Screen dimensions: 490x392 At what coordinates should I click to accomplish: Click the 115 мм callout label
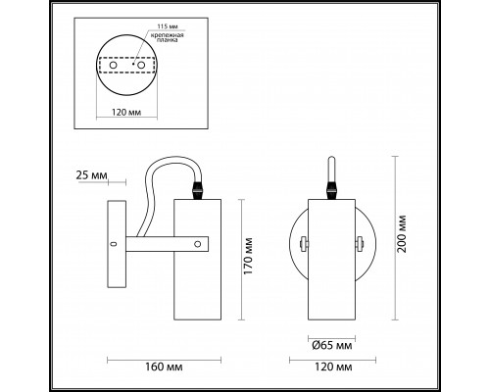point(168,26)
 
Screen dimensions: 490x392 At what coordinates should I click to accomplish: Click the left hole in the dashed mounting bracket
point(113,65)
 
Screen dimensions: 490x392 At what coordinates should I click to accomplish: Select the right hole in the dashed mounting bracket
point(141,65)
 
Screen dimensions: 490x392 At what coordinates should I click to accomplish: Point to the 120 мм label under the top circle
point(126,113)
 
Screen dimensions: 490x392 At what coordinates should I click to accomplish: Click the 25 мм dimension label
point(91,175)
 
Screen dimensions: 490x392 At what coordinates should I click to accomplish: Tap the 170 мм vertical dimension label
point(249,256)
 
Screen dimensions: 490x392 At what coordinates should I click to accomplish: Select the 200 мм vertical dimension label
point(402,234)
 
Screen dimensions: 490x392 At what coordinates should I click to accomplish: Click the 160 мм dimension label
point(164,367)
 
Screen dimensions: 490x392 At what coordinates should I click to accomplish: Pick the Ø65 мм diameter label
point(332,345)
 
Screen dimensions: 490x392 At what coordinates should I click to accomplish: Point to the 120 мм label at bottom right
point(333,367)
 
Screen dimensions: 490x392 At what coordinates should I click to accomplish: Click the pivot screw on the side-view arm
point(197,244)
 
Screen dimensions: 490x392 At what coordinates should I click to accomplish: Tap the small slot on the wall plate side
point(114,244)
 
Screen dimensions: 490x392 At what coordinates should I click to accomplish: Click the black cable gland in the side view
point(198,190)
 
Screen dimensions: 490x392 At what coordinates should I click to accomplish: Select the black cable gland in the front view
point(331,190)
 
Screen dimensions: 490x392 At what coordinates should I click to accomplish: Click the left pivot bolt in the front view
point(304,244)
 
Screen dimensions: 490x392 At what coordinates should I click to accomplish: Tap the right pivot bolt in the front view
point(360,244)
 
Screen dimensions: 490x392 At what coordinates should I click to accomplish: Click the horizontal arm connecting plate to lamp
point(167,244)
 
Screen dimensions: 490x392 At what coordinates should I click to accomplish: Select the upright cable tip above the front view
point(331,169)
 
